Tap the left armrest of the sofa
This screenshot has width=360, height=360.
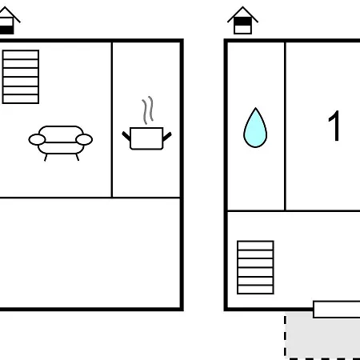(x=37, y=140)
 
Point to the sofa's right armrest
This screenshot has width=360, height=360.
(x=84, y=139)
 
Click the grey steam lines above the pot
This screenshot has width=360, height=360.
(x=148, y=110)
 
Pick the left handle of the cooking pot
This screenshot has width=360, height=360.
(x=126, y=136)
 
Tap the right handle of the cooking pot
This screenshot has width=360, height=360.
(x=167, y=137)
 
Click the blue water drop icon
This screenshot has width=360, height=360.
(x=255, y=128)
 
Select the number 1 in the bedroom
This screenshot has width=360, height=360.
(x=334, y=126)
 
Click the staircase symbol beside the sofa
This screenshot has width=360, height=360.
(x=21, y=77)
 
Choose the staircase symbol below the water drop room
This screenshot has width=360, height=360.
(x=255, y=267)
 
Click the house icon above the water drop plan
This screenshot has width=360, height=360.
(x=242, y=21)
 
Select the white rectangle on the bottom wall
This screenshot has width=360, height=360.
(x=337, y=310)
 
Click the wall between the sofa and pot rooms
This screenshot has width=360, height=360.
(x=112, y=120)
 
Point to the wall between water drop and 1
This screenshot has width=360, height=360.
(x=285, y=126)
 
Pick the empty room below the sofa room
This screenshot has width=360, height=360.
(x=90, y=253)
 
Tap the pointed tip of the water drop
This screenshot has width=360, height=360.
(x=255, y=108)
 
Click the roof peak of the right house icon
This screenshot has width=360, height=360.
(x=242, y=7)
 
